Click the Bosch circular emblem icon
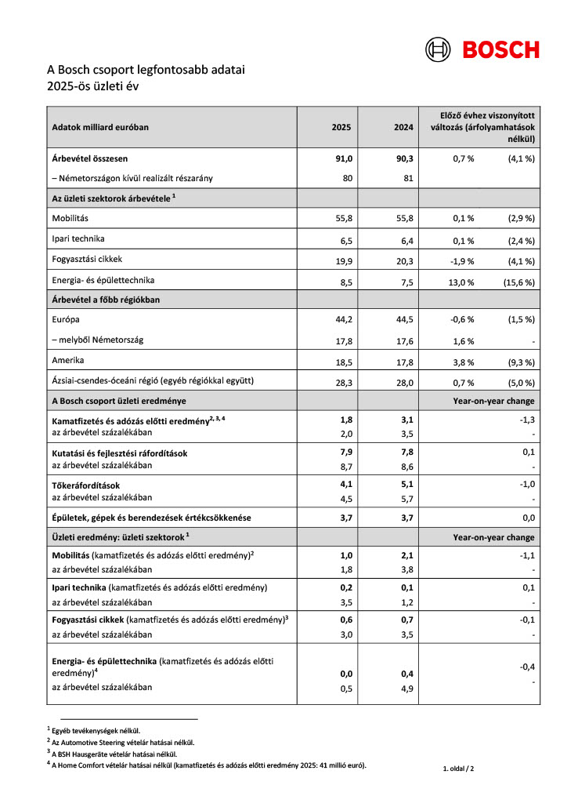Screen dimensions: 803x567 click(x=439, y=49)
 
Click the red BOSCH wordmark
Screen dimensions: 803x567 click(x=500, y=49)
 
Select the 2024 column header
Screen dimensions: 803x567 click(x=403, y=126)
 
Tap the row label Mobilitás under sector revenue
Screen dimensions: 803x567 click(x=71, y=218)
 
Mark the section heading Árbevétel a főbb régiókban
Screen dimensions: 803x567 click(x=107, y=299)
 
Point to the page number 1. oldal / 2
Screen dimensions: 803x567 click(x=458, y=768)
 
